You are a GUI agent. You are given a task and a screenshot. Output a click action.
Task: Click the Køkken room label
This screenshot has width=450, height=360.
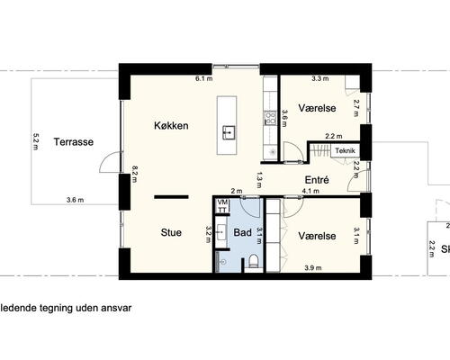click(x=171, y=126)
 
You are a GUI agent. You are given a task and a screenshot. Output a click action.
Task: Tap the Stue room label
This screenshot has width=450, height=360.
click(x=171, y=232)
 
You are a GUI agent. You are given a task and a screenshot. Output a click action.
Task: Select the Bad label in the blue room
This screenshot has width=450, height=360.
click(x=242, y=232)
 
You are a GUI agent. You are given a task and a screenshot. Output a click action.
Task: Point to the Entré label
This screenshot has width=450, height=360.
click(x=316, y=180)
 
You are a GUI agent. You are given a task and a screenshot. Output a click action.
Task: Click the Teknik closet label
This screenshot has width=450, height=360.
click(x=346, y=150)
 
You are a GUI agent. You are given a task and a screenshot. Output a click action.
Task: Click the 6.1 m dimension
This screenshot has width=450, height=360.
click(x=204, y=79)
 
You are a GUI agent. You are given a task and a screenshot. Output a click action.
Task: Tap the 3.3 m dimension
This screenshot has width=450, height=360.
click(x=319, y=79)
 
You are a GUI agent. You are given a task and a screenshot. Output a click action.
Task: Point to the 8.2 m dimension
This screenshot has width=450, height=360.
click(x=135, y=172)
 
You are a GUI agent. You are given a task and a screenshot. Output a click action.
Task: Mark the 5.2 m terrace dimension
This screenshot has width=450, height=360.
click(x=36, y=140)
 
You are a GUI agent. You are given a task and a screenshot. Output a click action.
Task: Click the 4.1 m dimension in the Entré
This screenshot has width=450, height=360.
click(x=310, y=192)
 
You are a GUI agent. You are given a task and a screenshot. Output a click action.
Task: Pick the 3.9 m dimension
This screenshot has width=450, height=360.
click(x=313, y=267)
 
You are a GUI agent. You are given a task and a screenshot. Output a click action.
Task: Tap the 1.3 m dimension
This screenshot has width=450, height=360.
click(x=259, y=177)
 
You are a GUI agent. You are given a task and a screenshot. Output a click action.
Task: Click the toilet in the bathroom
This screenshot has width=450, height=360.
click(x=254, y=262)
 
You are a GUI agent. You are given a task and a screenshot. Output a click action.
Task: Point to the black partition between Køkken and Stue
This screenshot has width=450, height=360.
click(x=170, y=195)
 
